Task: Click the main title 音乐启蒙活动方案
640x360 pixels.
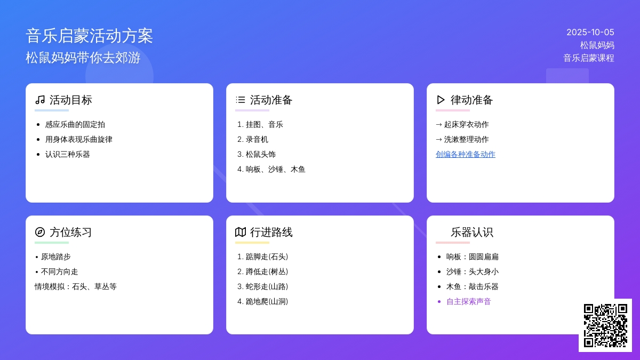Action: [x=90, y=36]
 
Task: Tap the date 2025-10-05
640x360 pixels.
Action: [x=590, y=33]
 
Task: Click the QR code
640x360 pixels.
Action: [x=605, y=325]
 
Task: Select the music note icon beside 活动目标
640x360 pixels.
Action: [x=40, y=100]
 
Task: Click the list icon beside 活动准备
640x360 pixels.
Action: [x=241, y=100]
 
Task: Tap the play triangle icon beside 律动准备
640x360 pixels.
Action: [x=441, y=100]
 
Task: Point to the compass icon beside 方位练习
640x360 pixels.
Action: [x=40, y=232]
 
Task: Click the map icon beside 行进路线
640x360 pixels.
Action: [x=241, y=232]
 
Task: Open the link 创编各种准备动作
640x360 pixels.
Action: [x=466, y=154]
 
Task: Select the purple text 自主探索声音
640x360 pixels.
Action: [x=469, y=301]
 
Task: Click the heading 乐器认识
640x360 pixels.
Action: [x=471, y=233]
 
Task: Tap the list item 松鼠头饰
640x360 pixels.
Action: [x=261, y=154]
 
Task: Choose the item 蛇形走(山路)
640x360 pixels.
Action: [x=267, y=286]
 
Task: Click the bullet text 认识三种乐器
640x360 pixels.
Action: [x=67, y=154]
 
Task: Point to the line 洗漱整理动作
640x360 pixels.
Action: [x=466, y=139]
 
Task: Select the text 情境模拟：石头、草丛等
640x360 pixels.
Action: [x=76, y=286]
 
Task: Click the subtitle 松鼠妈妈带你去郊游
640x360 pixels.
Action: [x=83, y=58]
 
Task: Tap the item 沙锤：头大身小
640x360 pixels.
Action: [x=473, y=271]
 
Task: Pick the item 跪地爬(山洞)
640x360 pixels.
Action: [x=267, y=301]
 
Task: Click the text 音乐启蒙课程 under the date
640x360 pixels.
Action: [x=589, y=58]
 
